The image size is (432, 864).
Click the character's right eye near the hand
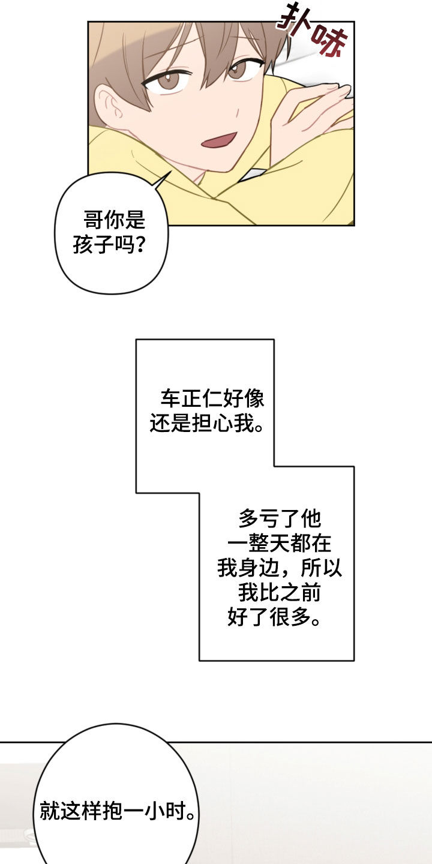point(241,70)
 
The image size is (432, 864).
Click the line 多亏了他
point(279,518)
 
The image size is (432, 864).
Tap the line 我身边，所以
point(279,568)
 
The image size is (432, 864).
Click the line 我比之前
point(279,593)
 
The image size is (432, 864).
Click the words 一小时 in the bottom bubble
point(157,812)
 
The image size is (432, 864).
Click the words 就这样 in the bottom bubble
point(68,812)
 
